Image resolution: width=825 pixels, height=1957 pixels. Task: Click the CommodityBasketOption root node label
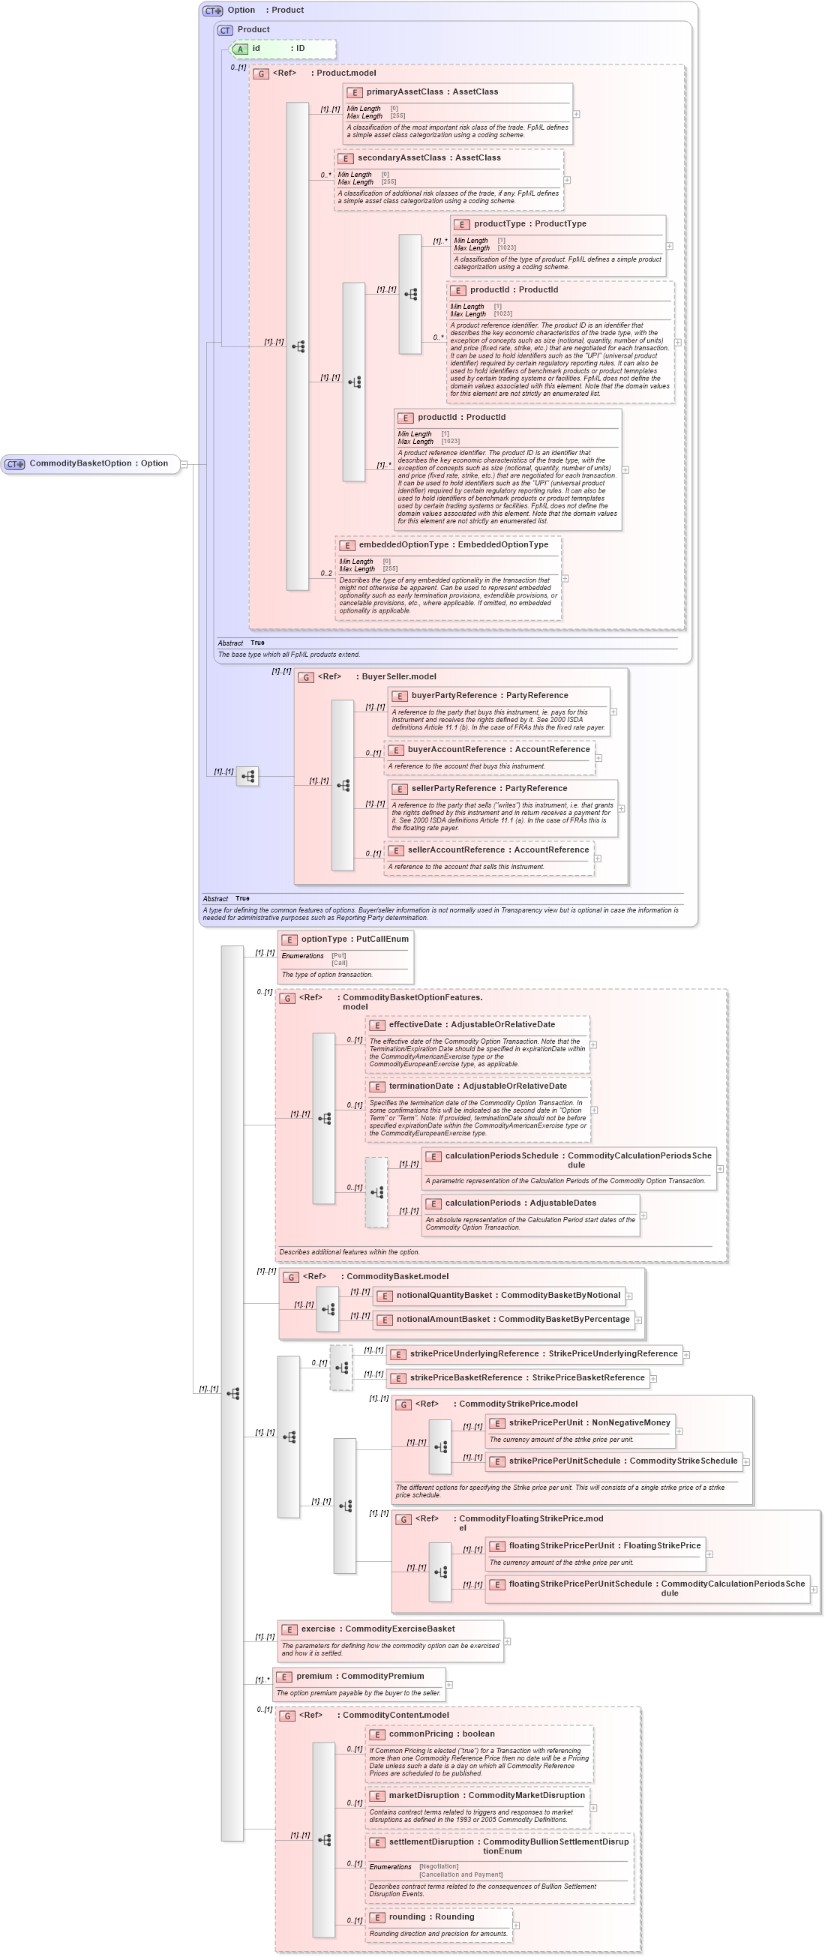(x=79, y=463)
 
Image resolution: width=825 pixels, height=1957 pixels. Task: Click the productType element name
(x=498, y=224)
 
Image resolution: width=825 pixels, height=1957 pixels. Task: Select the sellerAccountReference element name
(x=456, y=850)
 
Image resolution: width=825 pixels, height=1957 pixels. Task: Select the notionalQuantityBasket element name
(x=444, y=1296)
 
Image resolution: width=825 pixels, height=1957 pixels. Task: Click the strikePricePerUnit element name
(x=545, y=1422)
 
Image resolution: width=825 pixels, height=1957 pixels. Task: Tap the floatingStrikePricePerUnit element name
(x=562, y=1545)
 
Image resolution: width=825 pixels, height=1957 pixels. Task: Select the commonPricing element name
(x=420, y=1734)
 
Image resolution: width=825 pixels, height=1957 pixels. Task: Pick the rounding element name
(x=406, y=1917)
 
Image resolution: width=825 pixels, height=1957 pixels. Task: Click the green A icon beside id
(x=240, y=49)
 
